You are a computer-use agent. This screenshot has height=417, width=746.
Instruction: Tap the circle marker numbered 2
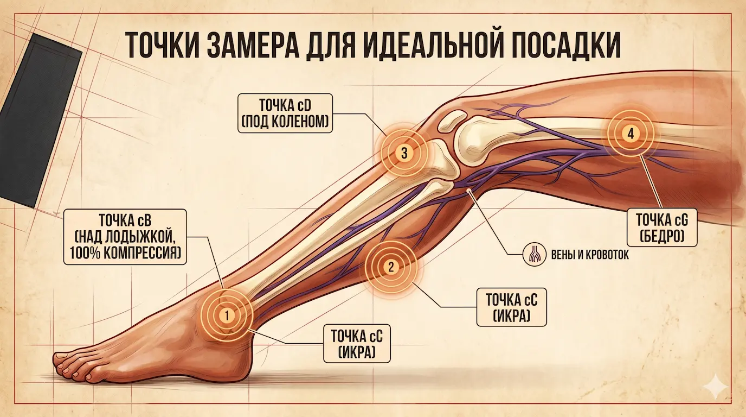pos(392,267)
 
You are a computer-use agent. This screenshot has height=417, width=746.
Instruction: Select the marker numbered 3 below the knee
pos(404,153)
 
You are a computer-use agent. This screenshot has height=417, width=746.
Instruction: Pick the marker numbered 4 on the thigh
pos(629,132)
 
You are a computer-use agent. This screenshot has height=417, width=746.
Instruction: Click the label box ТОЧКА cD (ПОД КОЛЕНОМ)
pos(285,113)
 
